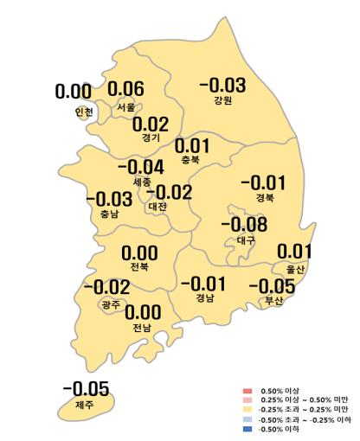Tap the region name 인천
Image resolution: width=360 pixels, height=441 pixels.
tap(83, 112)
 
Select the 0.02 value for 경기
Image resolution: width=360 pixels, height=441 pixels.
tap(151, 125)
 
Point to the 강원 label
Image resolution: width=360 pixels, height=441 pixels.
tap(222, 100)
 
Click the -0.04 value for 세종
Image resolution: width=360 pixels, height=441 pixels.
tap(140, 168)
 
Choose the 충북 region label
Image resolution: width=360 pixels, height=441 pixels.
tap(191, 160)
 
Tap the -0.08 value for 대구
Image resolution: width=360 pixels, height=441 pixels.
tap(244, 226)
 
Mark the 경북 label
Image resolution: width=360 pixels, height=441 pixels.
tap(264, 197)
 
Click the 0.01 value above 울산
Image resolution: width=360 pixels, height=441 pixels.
tap(293, 252)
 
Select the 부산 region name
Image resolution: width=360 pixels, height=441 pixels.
tap(274, 301)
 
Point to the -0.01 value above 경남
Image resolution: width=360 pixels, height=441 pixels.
tap(202, 284)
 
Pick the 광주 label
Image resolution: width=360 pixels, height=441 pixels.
tap(111, 304)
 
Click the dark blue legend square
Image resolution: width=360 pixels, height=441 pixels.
tap(247, 429)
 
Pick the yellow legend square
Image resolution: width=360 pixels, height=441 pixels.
tap(247, 410)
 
